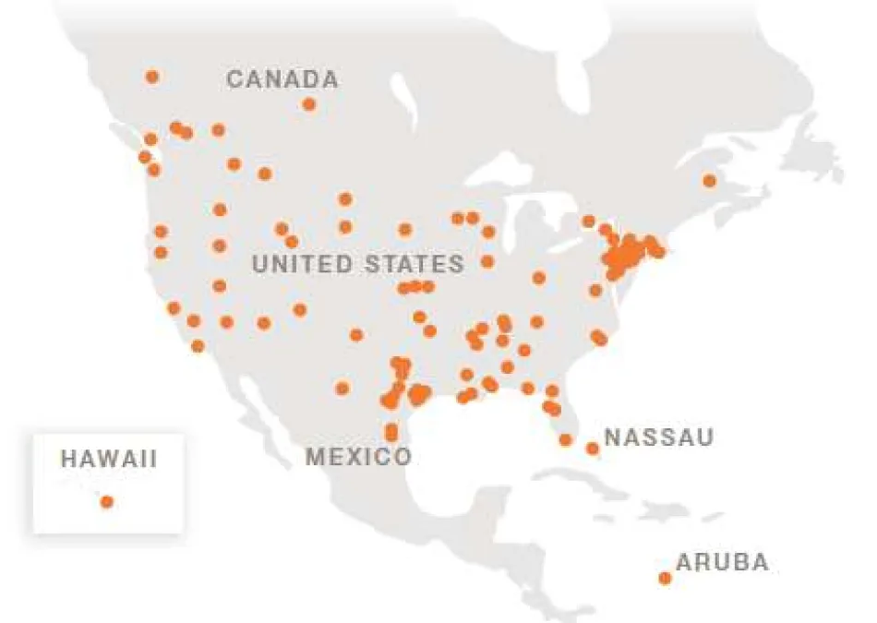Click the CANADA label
point(282,79)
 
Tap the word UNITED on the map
point(302,264)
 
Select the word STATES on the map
point(414,264)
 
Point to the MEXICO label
point(358,456)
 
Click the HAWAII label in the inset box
point(108,458)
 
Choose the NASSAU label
point(658,437)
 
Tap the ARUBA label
point(722,562)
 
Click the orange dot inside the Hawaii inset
point(107,501)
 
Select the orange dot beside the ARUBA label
point(665,578)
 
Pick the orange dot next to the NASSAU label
point(593,449)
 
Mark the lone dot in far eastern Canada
point(709,180)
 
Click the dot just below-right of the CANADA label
point(309,104)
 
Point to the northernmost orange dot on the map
point(152,77)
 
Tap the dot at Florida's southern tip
point(565,440)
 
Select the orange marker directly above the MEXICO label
point(391,431)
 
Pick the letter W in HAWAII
point(109,458)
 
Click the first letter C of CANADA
point(234,79)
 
